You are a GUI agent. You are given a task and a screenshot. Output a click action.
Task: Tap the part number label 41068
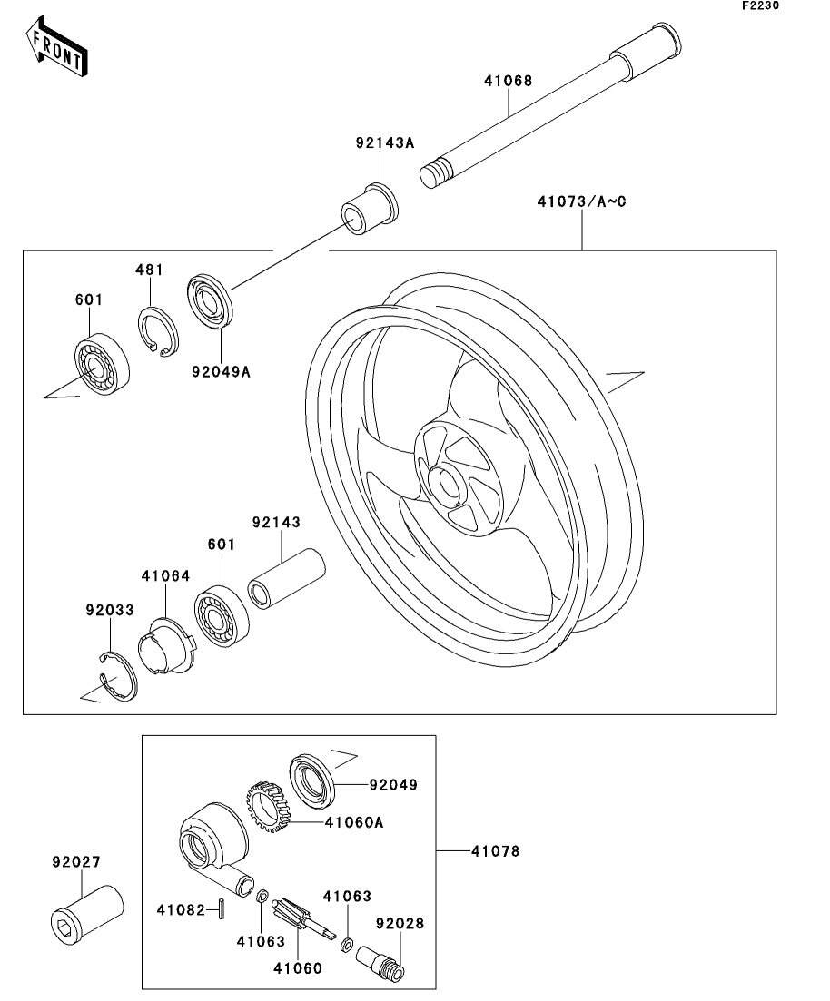click(x=508, y=81)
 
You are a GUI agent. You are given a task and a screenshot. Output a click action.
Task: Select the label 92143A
click(x=385, y=142)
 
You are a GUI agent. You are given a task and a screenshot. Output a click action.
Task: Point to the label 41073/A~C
click(x=581, y=201)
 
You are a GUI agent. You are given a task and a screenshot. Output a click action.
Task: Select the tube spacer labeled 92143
click(x=286, y=579)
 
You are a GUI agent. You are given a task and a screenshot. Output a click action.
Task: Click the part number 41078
click(x=496, y=851)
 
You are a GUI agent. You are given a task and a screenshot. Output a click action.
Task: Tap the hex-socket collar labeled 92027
click(x=87, y=908)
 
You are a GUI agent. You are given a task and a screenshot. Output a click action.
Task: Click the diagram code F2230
click(x=760, y=5)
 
